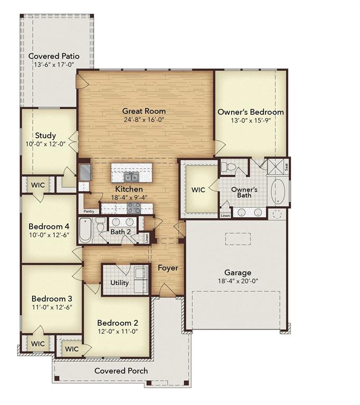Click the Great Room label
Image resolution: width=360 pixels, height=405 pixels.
coord(144,111)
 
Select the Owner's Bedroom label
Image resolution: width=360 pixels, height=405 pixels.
coord(250,112)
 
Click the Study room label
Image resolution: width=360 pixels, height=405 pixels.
coord(45,136)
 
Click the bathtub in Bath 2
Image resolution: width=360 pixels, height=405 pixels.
coord(86,230)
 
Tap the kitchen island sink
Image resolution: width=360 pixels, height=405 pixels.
coord(131,176)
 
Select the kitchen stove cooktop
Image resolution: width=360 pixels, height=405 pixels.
coord(134,208)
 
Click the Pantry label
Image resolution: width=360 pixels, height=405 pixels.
coord(88,211)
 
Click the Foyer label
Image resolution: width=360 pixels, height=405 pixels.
coord(168,268)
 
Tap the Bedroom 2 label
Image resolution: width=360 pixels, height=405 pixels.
coord(117,323)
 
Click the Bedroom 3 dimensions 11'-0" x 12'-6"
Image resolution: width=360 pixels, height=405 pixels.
coord(51,306)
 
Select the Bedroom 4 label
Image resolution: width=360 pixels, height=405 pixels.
coord(49,227)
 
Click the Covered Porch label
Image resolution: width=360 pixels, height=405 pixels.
coord(121,371)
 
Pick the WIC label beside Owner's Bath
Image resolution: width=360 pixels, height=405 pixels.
coord(198,190)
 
